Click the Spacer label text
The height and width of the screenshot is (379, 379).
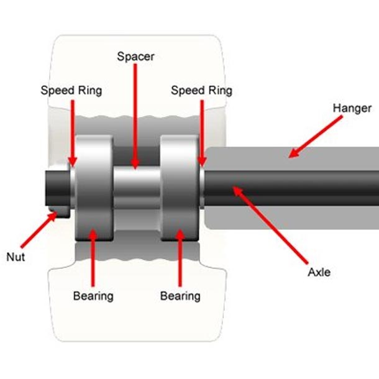tap(135, 57)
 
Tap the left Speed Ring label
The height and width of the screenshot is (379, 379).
tap(71, 90)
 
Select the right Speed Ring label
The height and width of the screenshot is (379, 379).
tap(201, 90)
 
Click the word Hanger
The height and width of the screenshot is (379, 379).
tap(352, 107)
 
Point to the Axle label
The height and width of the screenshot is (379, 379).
tap(319, 273)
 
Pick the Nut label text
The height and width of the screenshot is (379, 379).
tap(16, 257)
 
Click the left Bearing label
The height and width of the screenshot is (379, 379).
tap(93, 296)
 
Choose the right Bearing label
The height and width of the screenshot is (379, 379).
tap(180, 296)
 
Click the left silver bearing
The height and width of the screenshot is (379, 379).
tap(93, 186)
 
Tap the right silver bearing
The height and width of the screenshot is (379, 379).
tap(180, 186)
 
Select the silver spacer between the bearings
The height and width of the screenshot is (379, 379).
tap(137, 186)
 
